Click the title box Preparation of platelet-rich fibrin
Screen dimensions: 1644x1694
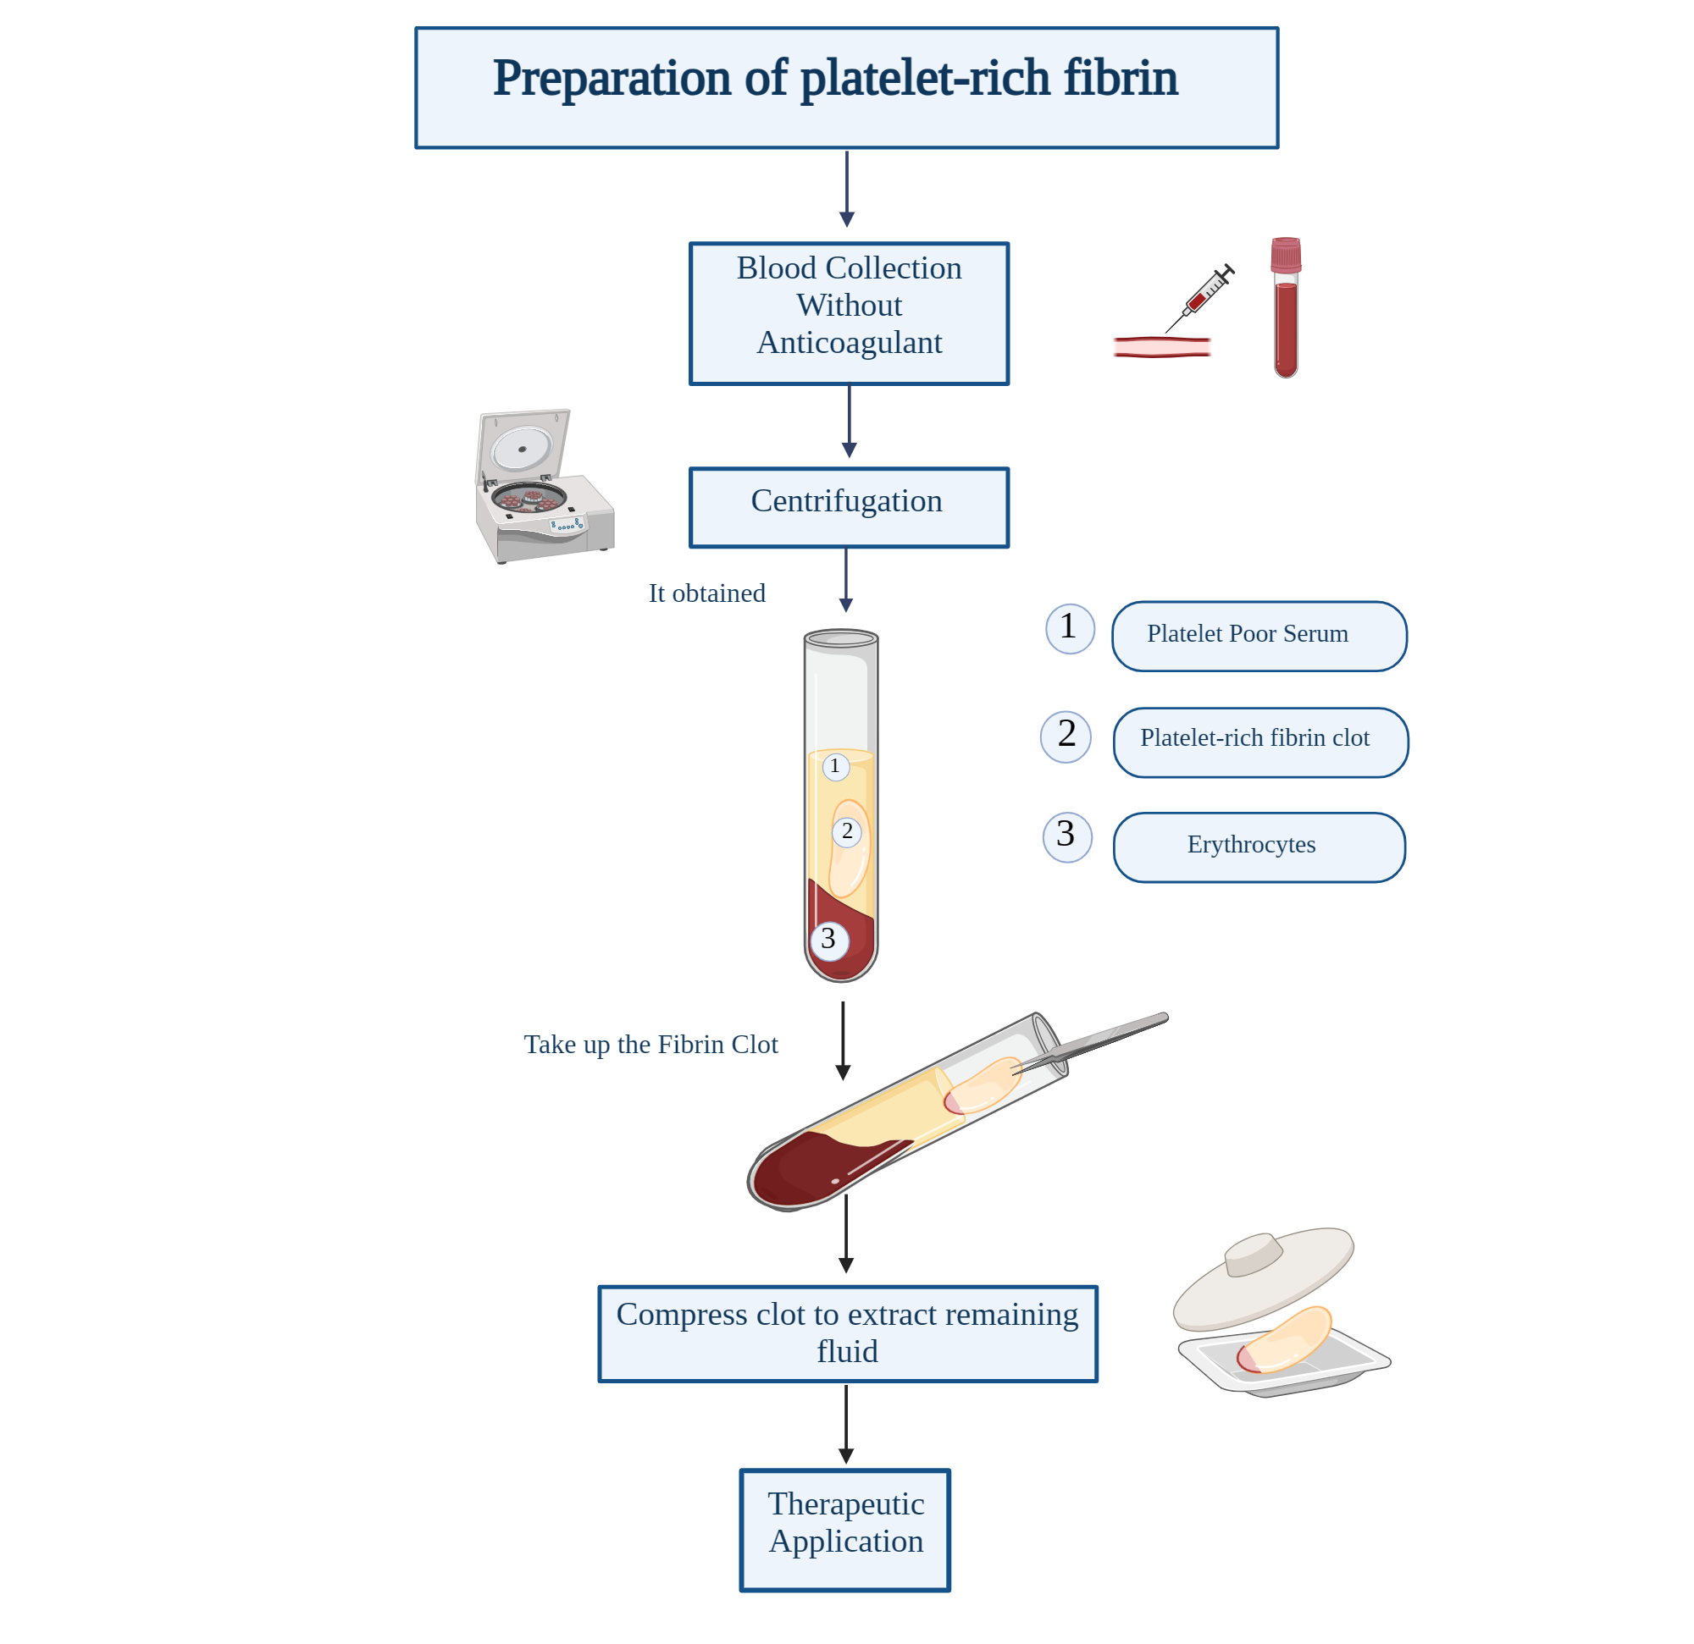[x=846, y=87]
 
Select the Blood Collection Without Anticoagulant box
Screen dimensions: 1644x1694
[x=849, y=313]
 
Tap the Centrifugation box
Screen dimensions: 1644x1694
[x=849, y=507]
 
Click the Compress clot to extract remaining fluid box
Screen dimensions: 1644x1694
[x=847, y=1334]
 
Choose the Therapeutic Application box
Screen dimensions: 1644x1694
[x=844, y=1530]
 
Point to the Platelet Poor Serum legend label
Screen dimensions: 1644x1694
[x=1259, y=636]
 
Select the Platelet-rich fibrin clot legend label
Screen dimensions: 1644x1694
[x=1260, y=742]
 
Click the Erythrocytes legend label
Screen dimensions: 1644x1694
[x=1259, y=847]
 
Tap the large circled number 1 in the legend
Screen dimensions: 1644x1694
[x=1070, y=628]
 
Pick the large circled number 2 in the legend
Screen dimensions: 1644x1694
[x=1066, y=736]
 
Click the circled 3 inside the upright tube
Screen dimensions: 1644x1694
[x=829, y=941]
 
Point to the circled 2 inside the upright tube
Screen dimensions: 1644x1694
[x=847, y=831]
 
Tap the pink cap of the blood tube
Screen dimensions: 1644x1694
[x=1285, y=256]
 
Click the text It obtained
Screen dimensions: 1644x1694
[x=707, y=593]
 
